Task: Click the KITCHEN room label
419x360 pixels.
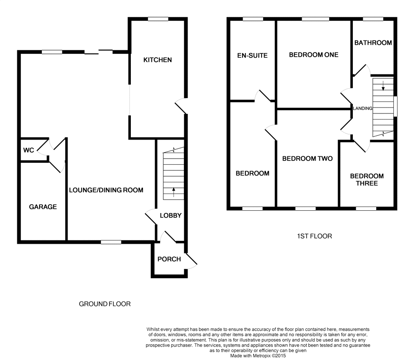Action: [x=157, y=60]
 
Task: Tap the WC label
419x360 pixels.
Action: [x=28, y=150]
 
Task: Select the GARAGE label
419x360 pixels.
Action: [x=43, y=207]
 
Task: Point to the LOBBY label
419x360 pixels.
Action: [x=170, y=215]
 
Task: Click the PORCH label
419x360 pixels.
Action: [x=169, y=259]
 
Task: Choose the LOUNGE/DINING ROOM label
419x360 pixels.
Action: [x=106, y=190]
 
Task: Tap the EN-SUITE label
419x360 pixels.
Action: [x=252, y=55]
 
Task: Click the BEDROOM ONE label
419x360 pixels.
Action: [x=314, y=55]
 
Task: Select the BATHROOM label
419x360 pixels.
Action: [x=373, y=43]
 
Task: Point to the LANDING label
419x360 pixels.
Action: [x=362, y=108]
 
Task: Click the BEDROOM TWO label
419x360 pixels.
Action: [x=307, y=159]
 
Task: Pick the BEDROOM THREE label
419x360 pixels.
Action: [x=367, y=180]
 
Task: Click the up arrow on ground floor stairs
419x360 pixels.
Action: [x=174, y=192]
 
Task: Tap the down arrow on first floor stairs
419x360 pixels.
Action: [x=383, y=86]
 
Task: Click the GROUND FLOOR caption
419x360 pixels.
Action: [x=105, y=304]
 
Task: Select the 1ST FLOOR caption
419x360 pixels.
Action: [x=315, y=236]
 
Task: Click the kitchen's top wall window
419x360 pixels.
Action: [x=158, y=19]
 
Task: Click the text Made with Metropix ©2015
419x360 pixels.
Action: [x=258, y=356]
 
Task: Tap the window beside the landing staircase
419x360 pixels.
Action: [x=395, y=107]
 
